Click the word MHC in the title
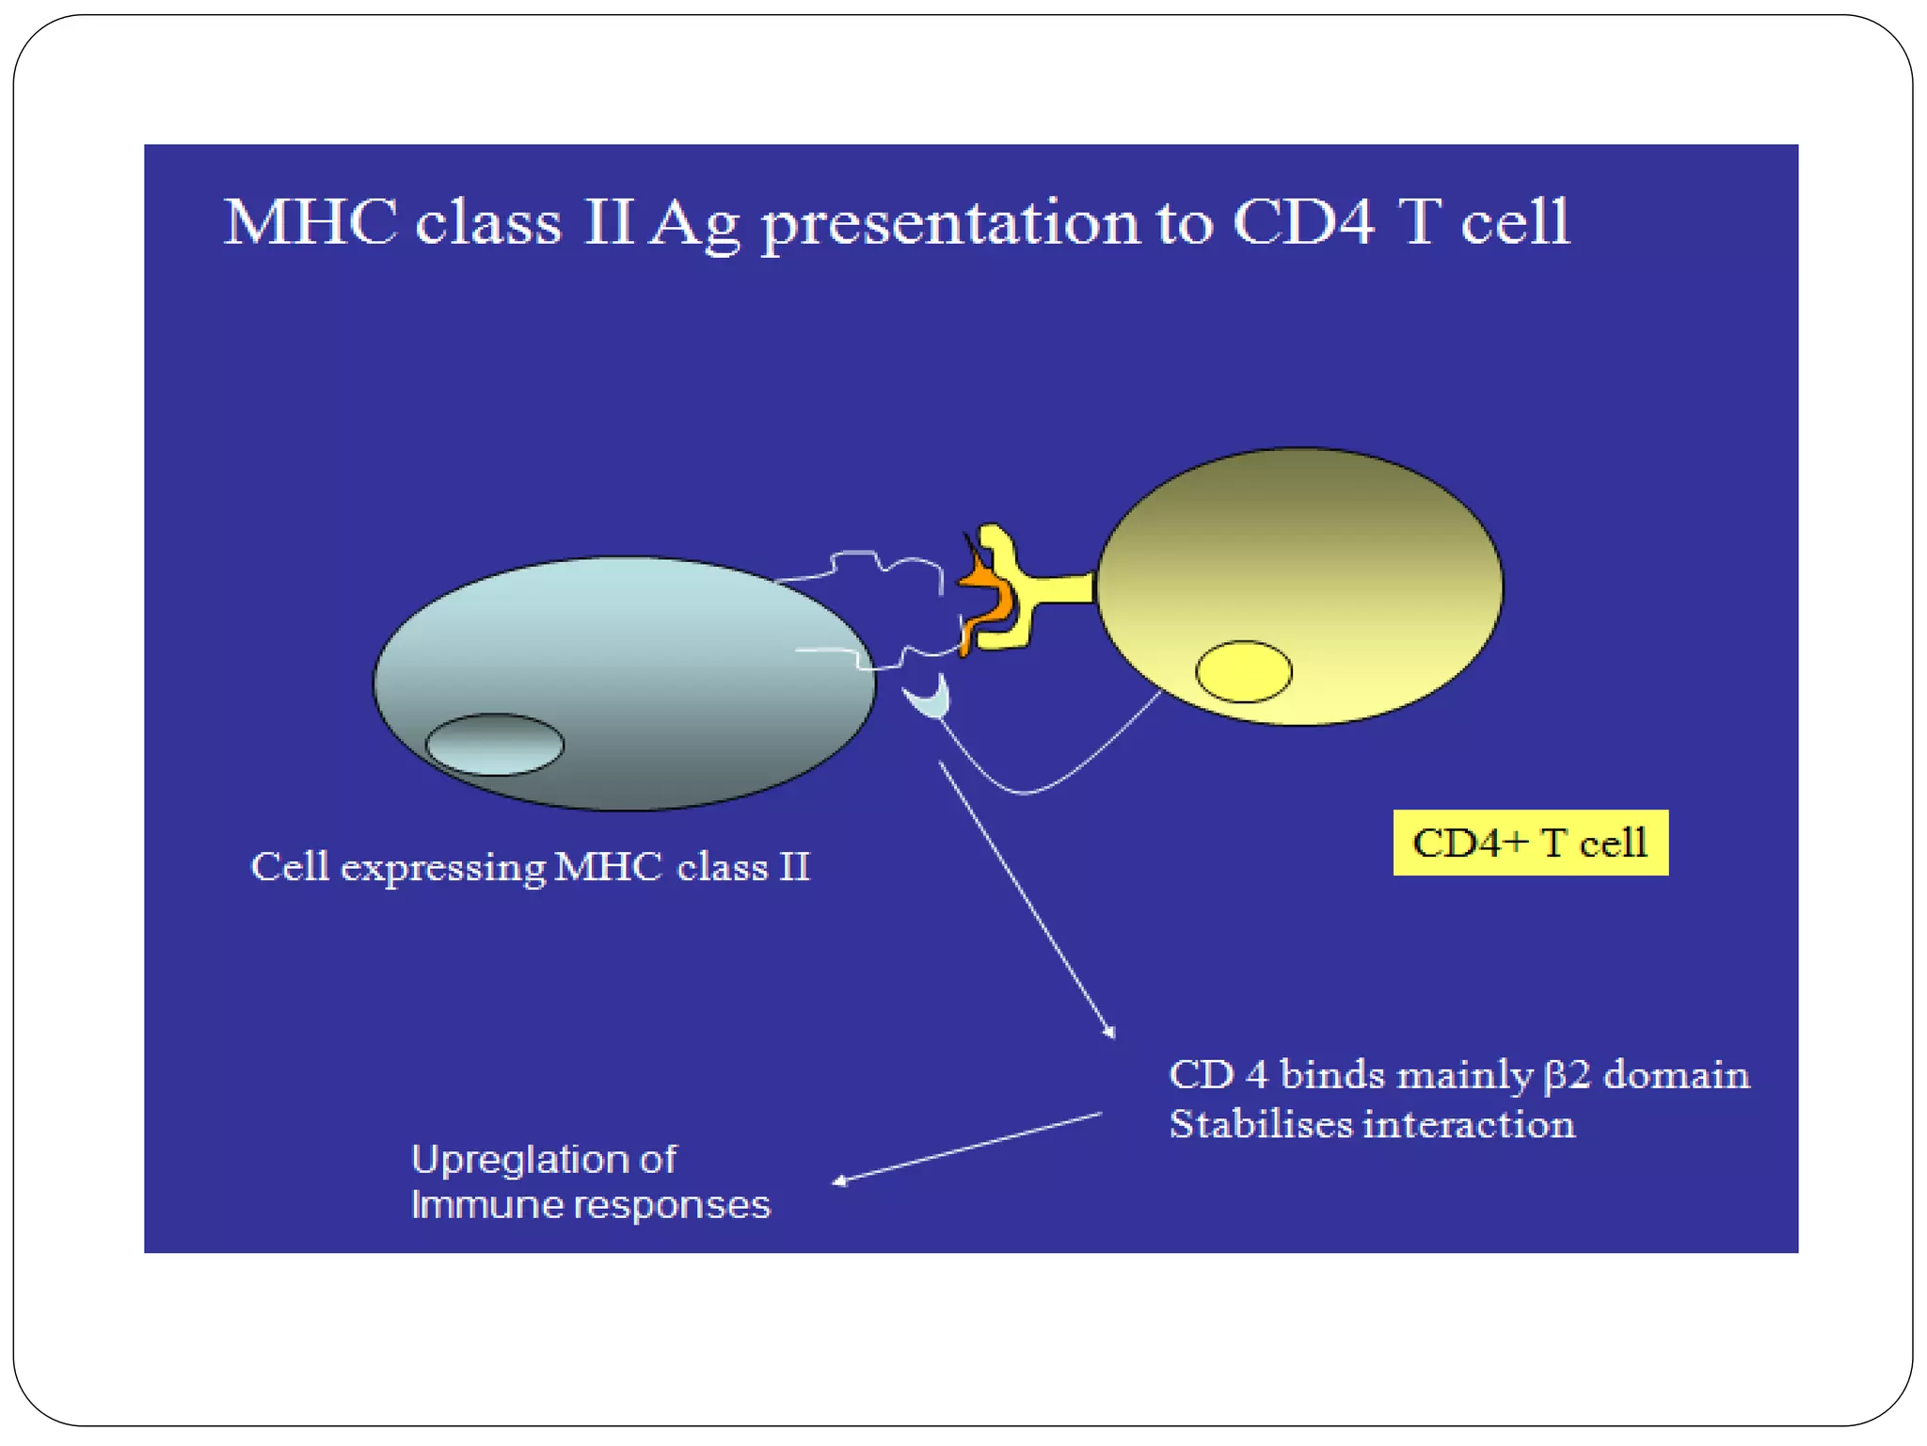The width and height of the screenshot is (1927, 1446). click(311, 224)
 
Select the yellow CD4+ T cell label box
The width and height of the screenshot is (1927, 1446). click(1530, 843)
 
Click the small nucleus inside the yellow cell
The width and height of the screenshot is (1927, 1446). click(1243, 671)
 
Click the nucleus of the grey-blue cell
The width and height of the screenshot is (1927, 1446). click(494, 745)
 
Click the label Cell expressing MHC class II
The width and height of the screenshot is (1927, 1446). click(530, 867)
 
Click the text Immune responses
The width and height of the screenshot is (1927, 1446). click(590, 1205)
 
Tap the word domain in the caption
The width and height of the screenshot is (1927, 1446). click(1676, 1074)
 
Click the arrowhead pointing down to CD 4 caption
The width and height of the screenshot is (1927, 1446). click(1110, 1033)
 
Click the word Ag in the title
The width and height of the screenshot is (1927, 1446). click(693, 226)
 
